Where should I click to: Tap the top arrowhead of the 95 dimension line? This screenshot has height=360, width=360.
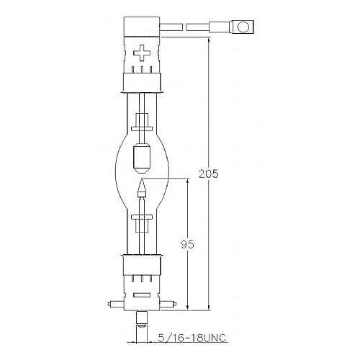(189, 182)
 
